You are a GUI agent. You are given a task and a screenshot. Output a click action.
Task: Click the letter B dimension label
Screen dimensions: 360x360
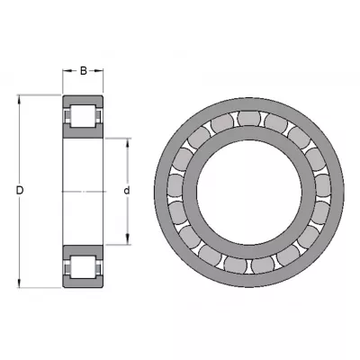[84, 71]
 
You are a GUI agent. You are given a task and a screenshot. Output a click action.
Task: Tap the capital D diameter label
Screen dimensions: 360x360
[20, 191]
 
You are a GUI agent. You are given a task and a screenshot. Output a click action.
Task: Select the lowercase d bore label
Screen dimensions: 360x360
[127, 191]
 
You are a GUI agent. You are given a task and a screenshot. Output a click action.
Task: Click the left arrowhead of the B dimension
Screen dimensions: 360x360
[67, 71]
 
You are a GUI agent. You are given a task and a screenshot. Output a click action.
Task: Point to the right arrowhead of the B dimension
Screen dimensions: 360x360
[99, 71]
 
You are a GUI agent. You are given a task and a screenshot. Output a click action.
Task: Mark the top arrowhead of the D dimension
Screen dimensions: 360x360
[20, 100]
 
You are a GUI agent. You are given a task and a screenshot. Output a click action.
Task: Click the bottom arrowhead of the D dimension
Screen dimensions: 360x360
[20, 283]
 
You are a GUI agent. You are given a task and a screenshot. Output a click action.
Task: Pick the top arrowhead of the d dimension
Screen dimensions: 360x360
[128, 143]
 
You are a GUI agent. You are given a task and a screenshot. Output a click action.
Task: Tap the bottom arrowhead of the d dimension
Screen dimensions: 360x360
[128, 239]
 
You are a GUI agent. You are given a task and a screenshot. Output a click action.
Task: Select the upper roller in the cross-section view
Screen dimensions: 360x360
[83, 116]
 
